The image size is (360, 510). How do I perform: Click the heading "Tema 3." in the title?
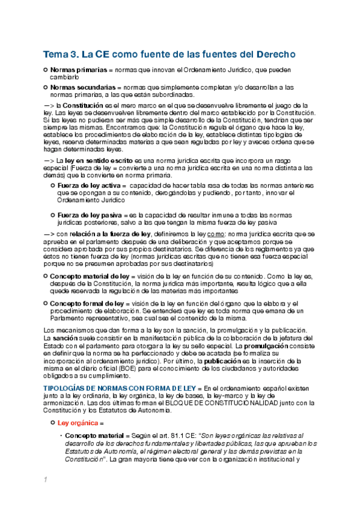(61, 54)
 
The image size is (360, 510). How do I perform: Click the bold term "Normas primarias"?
(75, 70)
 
